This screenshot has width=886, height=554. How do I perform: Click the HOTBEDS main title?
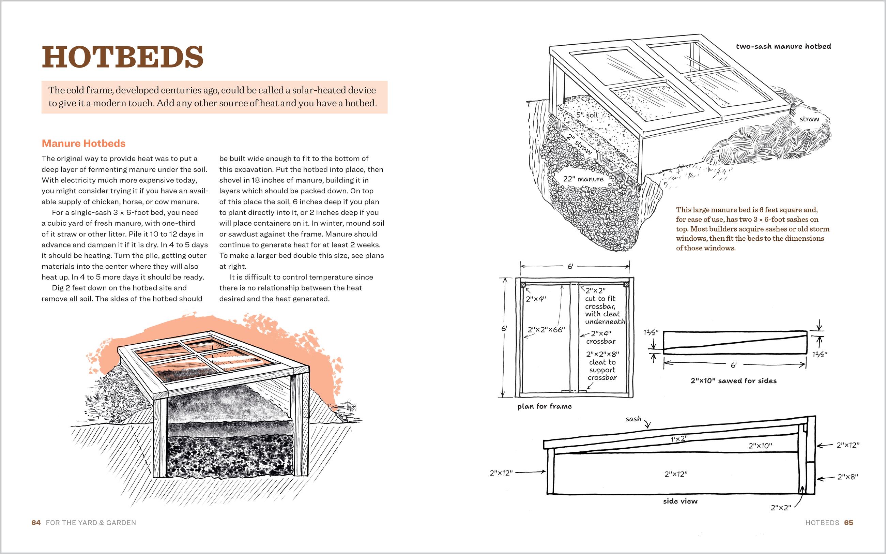(x=122, y=57)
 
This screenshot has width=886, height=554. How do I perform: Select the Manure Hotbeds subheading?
(x=83, y=143)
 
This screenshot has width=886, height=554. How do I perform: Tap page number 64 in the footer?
(x=36, y=523)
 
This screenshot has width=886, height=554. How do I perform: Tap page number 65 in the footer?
(x=849, y=523)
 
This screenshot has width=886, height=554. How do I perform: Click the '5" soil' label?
(x=587, y=115)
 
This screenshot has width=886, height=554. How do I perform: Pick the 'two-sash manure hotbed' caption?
(x=783, y=46)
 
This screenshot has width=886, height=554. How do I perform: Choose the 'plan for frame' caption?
(x=545, y=406)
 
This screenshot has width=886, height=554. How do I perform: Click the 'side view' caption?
(x=680, y=501)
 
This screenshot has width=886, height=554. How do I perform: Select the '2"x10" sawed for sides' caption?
(x=733, y=381)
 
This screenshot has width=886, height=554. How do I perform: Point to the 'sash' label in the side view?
(x=633, y=419)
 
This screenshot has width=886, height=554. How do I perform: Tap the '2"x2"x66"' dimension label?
(x=546, y=330)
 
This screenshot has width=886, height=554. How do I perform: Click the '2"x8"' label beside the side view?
(x=847, y=477)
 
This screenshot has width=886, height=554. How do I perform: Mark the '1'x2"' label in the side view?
(x=679, y=438)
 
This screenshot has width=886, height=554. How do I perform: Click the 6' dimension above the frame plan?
(x=570, y=266)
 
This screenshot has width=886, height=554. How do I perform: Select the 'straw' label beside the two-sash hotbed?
(x=809, y=119)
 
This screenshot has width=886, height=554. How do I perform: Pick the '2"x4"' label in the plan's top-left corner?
(x=536, y=299)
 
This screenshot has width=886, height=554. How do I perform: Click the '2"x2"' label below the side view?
(x=781, y=508)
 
